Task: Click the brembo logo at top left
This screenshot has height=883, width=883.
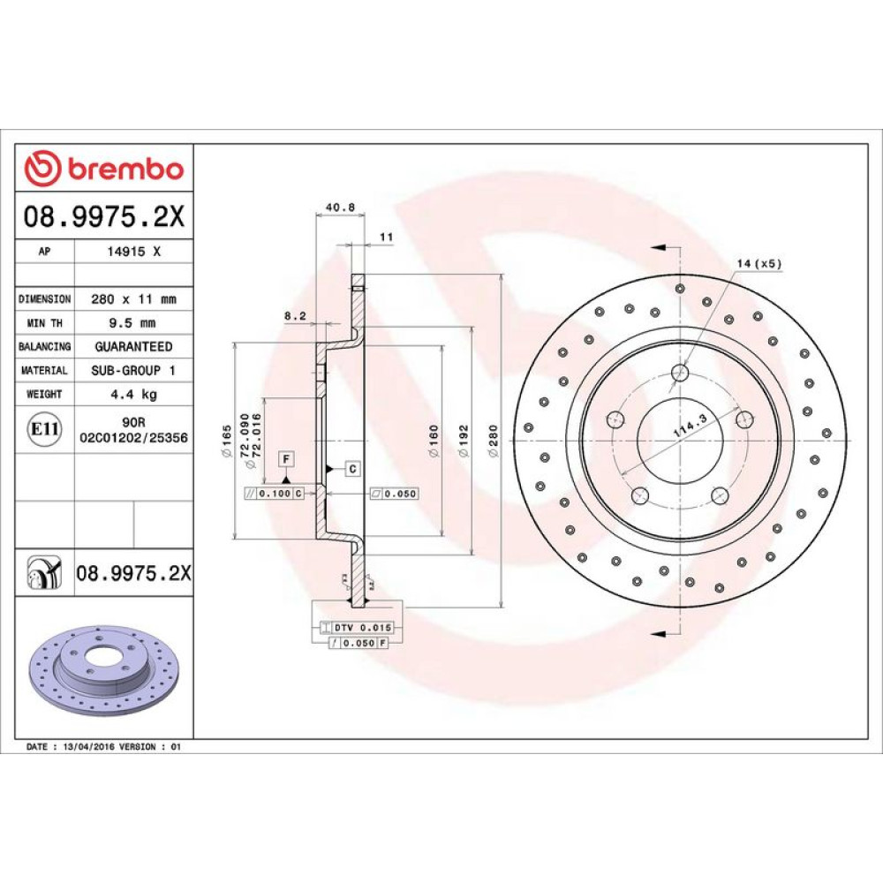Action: [104, 168]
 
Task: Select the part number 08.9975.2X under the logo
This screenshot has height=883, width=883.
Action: [104, 216]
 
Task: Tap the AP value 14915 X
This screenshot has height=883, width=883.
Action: [133, 252]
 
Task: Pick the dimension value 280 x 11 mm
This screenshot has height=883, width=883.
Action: [133, 299]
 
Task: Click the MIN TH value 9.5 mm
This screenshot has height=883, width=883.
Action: [132, 322]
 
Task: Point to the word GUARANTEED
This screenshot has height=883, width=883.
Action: [133, 346]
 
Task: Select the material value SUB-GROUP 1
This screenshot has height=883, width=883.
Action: [133, 371]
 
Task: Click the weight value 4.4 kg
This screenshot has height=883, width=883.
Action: [133, 394]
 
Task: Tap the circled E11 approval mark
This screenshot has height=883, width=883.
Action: [44, 429]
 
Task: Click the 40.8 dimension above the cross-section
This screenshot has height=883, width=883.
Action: [340, 208]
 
